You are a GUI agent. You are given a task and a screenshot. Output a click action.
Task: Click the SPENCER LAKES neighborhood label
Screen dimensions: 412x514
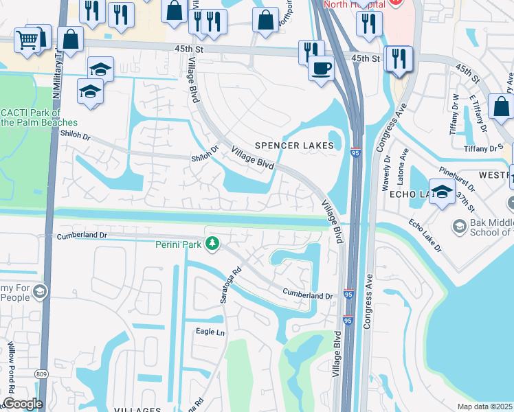coord(294,146)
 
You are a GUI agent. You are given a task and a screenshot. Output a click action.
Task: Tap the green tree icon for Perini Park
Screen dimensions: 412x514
coord(213,243)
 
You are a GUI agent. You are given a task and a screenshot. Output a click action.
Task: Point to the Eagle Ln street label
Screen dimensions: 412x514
coord(210,332)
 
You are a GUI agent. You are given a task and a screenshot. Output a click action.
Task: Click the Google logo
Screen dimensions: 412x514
coord(22,404)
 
